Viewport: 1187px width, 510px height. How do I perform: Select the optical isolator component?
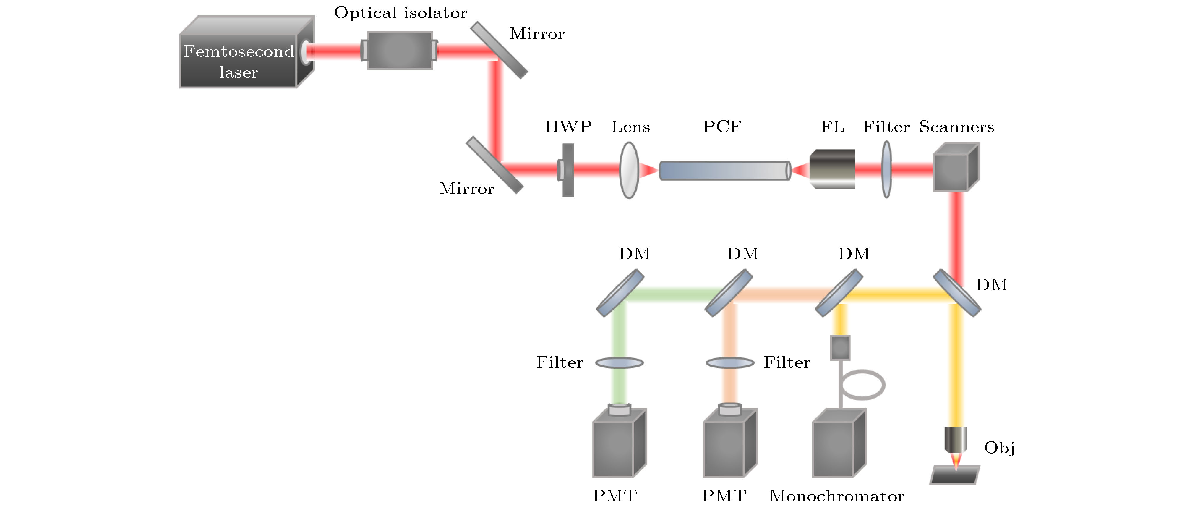pos(399,50)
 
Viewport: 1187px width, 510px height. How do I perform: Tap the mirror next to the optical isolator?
pos(499,50)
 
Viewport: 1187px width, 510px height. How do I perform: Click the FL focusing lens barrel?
pos(832,169)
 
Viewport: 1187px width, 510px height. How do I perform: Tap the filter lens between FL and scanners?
pos(887,170)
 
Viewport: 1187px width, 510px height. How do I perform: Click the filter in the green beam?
pos(619,363)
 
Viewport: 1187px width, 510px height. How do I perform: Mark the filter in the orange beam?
pos(730,363)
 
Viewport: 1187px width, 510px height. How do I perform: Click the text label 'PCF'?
pos(722,127)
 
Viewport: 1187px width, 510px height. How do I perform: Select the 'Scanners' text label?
pos(956,127)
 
